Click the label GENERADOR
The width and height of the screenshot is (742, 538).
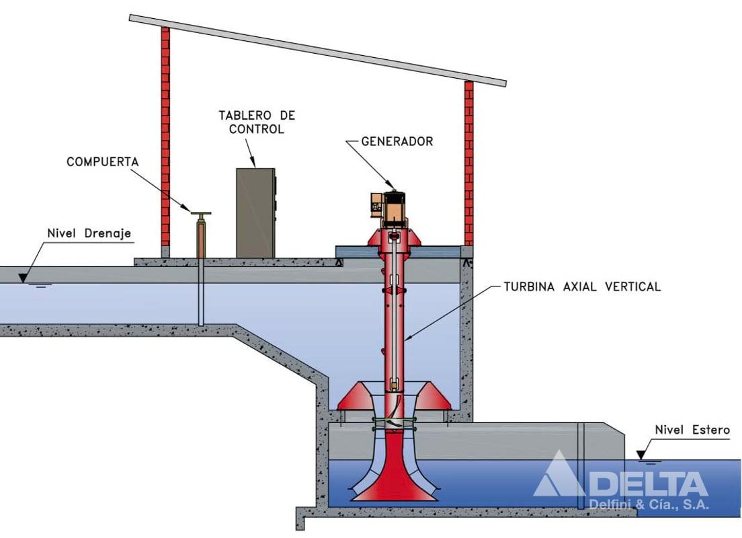(x=397, y=141)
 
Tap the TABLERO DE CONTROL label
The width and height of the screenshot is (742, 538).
(x=257, y=122)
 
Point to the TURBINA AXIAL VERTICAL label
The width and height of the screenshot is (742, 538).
(x=582, y=286)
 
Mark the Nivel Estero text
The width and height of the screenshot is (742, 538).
(x=692, y=430)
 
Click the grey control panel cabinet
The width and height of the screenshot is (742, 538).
(x=255, y=213)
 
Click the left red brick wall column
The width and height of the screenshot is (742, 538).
(x=165, y=134)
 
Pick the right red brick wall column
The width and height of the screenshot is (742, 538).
(x=468, y=161)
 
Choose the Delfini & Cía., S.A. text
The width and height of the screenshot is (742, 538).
(x=648, y=505)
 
